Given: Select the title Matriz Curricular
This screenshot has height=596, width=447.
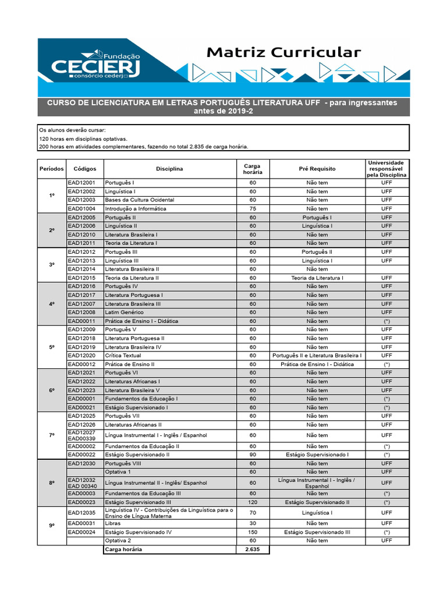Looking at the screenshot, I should tap(284, 52).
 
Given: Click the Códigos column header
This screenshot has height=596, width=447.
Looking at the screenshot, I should tap(85, 169).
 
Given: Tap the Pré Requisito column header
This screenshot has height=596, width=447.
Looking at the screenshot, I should tap(317, 169).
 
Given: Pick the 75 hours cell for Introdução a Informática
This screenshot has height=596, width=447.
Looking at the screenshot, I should tap(253, 208).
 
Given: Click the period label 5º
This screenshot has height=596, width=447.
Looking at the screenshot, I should tap(52, 347).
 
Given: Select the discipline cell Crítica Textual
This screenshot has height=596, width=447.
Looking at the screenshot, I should tap(124, 356).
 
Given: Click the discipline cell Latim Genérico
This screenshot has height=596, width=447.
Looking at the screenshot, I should tap(125, 313).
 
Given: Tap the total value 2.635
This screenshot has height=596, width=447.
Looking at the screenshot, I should tap(253, 549).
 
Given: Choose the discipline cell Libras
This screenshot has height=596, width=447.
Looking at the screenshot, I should tap(113, 523).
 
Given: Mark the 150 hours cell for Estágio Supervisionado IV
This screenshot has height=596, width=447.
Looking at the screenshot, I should tap(253, 532).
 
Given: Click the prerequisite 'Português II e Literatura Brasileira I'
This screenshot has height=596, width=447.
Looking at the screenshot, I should tap(317, 356).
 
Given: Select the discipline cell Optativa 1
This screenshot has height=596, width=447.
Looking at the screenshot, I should tap(118, 472).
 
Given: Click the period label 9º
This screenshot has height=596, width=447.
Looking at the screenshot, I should tap(52, 526).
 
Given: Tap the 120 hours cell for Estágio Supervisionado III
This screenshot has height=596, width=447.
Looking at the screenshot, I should tap(253, 502).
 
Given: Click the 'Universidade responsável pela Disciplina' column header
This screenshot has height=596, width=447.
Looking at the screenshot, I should tap(386, 169).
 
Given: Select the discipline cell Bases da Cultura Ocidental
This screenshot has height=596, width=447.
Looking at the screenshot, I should tap(140, 200).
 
